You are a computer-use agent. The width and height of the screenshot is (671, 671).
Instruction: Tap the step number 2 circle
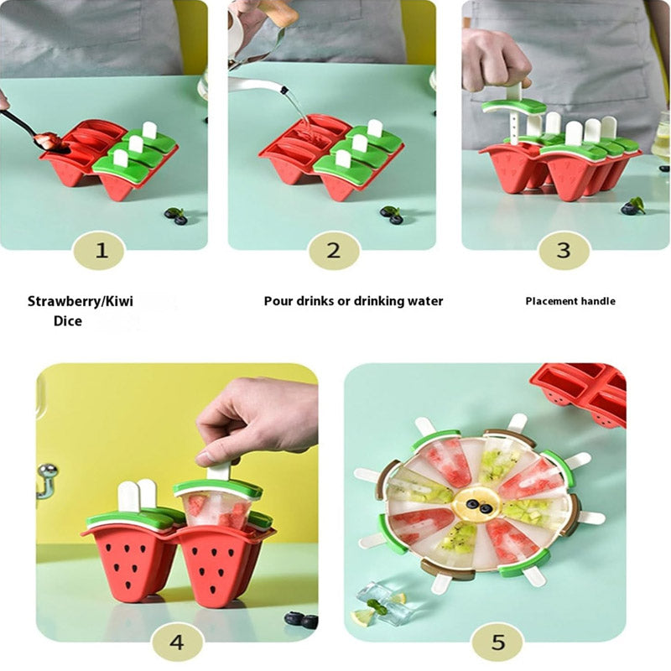click(334, 250)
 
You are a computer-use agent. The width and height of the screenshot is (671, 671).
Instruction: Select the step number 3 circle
click(564, 250)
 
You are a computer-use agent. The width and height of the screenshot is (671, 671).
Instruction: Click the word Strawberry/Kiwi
click(81, 300)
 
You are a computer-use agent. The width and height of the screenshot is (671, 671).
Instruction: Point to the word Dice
click(68, 320)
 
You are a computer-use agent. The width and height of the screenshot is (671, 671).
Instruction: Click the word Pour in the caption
click(278, 300)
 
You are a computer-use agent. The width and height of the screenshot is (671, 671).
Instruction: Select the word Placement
click(549, 300)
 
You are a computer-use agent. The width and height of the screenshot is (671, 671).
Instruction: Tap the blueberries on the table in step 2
click(392, 216)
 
